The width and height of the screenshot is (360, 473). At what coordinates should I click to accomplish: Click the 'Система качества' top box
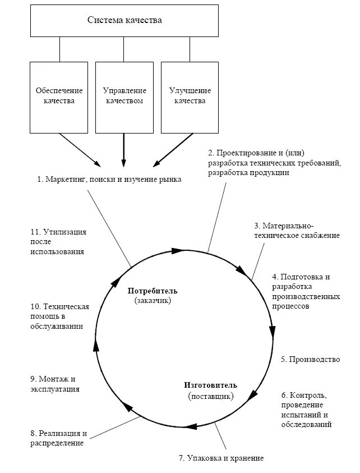pyautogui.click(x=124, y=21)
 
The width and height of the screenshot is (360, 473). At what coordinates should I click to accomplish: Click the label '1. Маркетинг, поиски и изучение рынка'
pyautogui.click(x=109, y=180)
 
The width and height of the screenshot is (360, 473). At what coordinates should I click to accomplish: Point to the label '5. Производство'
pyautogui.click(x=310, y=359)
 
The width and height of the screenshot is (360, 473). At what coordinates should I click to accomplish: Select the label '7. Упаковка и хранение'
pyautogui.click(x=221, y=458)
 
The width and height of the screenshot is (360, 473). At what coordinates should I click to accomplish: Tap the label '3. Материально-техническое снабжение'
pyautogui.click(x=296, y=231)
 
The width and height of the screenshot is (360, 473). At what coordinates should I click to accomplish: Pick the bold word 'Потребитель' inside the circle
pyautogui.click(x=153, y=291)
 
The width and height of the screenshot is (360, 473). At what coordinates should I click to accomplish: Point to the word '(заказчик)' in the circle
pyautogui.click(x=153, y=301)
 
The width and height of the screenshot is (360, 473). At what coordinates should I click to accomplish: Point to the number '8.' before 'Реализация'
pyautogui.click(x=34, y=433)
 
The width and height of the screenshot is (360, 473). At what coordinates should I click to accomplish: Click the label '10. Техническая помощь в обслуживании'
pyautogui.click(x=59, y=316)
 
